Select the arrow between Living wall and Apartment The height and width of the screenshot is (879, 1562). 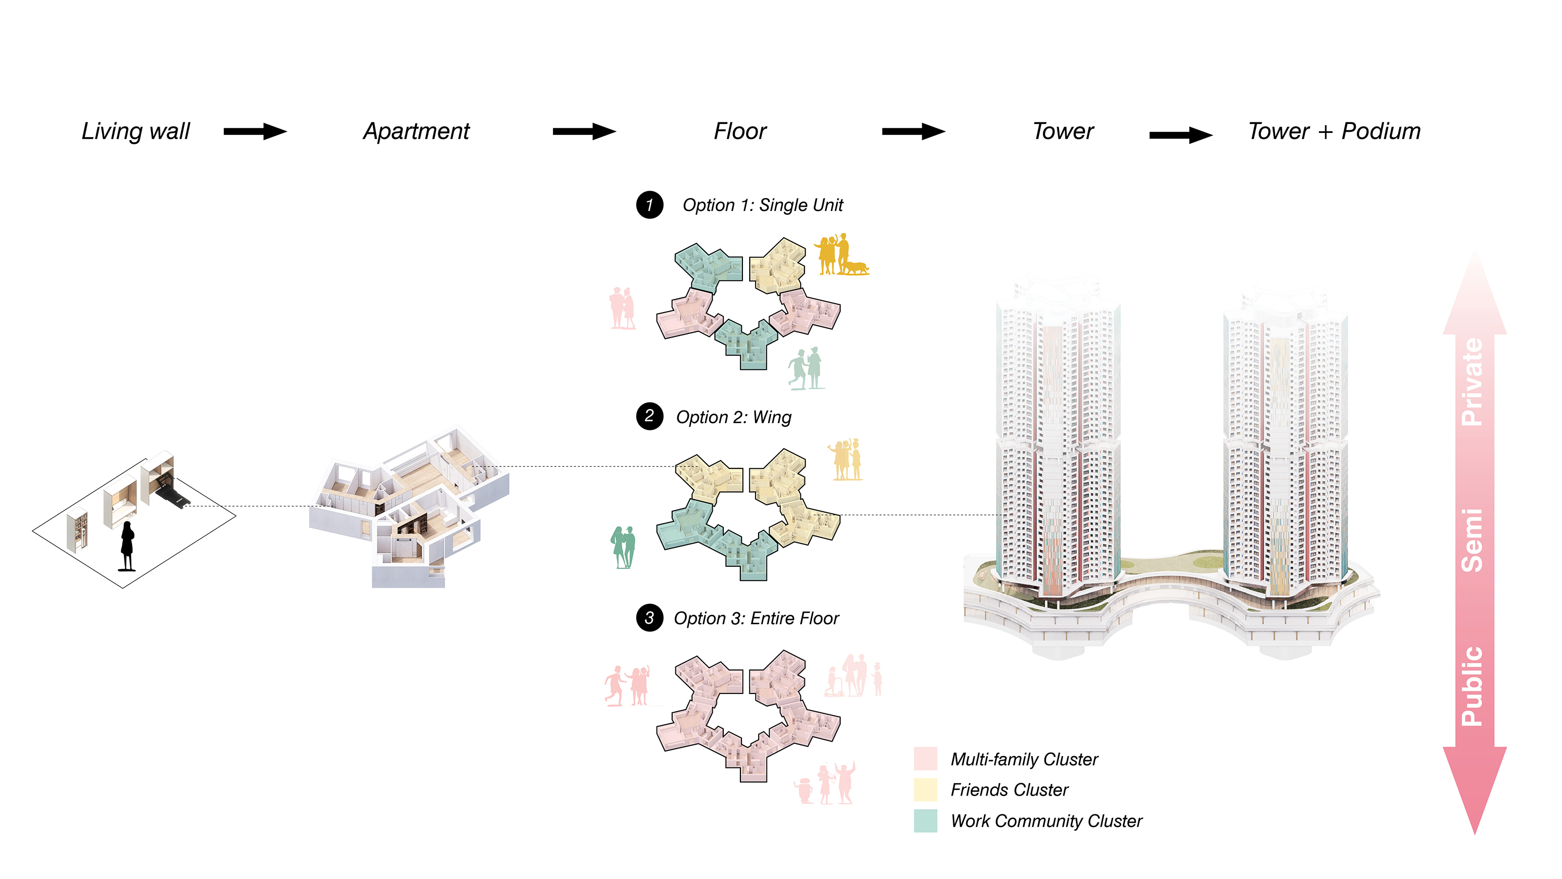coord(255,132)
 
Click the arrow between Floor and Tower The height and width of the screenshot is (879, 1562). coord(913,132)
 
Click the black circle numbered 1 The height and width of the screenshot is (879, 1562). coord(649,205)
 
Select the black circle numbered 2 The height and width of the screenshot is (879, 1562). coord(649,416)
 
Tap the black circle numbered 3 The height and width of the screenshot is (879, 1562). coord(649,618)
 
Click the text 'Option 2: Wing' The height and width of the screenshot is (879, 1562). coord(734,417)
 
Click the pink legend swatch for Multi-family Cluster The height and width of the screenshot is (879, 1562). coord(925,759)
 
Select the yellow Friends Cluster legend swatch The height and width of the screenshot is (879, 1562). coord(925,790)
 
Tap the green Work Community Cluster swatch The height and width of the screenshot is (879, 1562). coord(925,821)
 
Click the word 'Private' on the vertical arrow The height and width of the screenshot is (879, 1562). coord(1472,382)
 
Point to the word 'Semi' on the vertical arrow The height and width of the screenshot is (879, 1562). coord(1472,540)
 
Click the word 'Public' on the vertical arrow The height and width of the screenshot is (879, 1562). coord(1472,686)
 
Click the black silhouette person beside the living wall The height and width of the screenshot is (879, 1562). coord(127,546)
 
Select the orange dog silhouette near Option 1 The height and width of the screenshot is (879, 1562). coord(855,268)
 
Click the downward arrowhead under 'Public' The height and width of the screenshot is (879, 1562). coord(1475,789)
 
